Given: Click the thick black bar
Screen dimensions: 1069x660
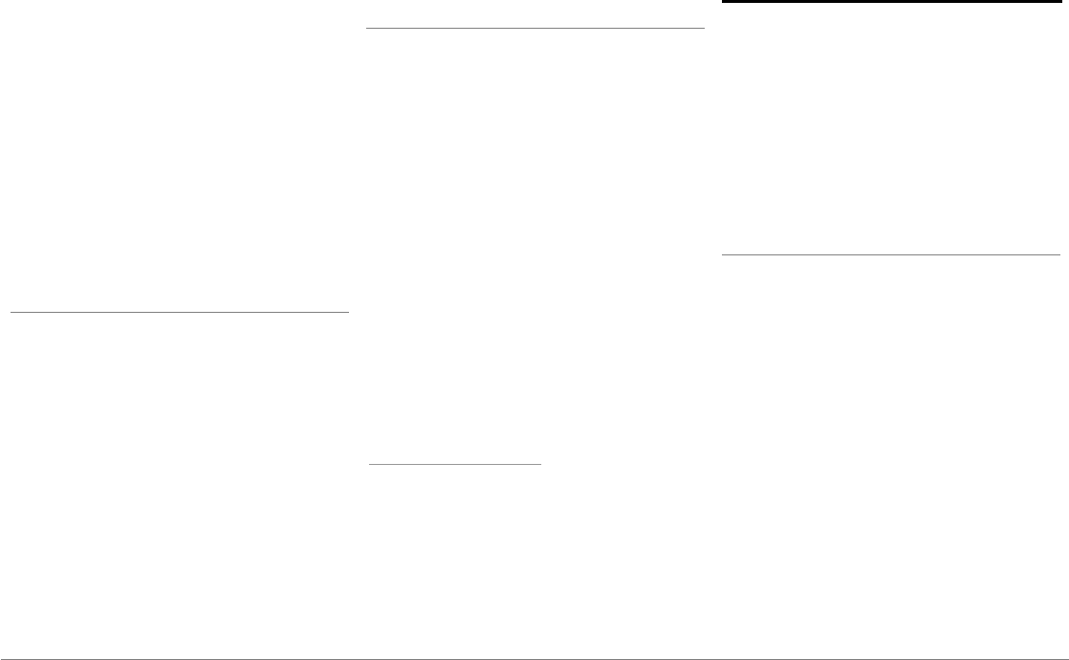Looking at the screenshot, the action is (890, 2).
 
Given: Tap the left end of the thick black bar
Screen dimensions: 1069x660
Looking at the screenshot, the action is (722, 2).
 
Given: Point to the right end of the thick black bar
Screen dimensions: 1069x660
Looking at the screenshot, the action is (1059, 2).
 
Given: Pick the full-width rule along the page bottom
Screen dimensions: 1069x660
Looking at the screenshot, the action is (534, 658).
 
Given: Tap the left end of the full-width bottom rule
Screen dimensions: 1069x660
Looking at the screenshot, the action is (1, 658).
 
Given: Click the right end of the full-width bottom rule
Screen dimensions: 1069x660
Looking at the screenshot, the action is (1067, 658).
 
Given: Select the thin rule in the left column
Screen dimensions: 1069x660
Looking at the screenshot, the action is (179, 311).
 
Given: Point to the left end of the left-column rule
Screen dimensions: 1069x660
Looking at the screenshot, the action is (10, 311).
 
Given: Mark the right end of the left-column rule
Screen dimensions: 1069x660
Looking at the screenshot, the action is (349, 311).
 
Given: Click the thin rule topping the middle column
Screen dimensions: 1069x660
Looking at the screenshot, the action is (535, 29).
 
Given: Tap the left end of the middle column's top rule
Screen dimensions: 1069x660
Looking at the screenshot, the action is (366, 29).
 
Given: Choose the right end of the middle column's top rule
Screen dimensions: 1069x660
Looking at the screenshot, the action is (705, 29).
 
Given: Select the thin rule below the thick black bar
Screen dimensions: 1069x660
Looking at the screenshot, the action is (890, 255).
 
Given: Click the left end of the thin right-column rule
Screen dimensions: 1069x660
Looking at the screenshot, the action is (722, 255).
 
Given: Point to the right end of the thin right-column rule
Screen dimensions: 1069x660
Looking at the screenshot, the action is (1059, 255).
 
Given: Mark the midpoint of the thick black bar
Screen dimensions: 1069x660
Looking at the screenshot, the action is (890, 2).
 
